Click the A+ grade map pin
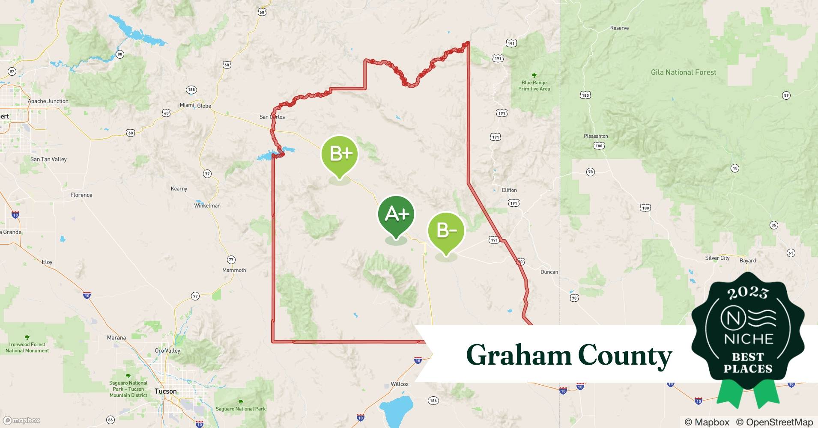(396, 214)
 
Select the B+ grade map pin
(340, 154)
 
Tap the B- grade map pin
(446, 231)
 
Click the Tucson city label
(166, 391)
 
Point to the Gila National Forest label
(683, 72)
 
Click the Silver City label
(717, 258)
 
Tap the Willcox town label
(399, 384)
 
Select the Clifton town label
(509, 190)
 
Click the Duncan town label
(549, 272)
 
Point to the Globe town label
(204, 106)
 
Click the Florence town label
(81, 195)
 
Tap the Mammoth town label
(234, 270)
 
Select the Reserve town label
(619, 28)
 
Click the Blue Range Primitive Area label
(534, 86)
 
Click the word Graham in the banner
(518, 356)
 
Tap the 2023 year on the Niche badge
(747, 293)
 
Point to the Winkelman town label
(207, 205)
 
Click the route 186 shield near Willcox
(433, 401)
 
